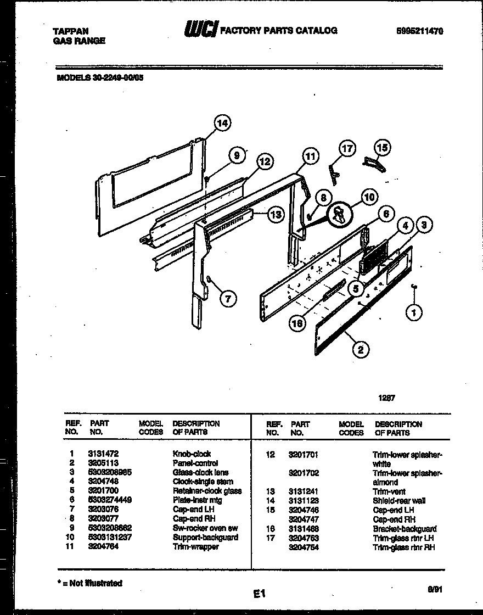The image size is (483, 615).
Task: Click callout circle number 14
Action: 221,124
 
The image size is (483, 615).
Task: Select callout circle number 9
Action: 237,156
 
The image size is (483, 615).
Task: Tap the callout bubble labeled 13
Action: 276,215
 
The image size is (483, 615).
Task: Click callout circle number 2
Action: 361,349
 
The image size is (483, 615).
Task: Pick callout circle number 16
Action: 297,323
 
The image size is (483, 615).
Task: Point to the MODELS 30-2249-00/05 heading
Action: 100,78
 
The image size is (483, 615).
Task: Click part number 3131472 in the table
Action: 103,454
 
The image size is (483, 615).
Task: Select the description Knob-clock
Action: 192,454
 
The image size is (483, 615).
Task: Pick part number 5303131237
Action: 110,537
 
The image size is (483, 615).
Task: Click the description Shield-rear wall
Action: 399,500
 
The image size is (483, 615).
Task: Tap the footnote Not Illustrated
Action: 91,583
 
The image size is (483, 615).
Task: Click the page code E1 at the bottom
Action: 259,594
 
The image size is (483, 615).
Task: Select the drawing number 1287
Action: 387,399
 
